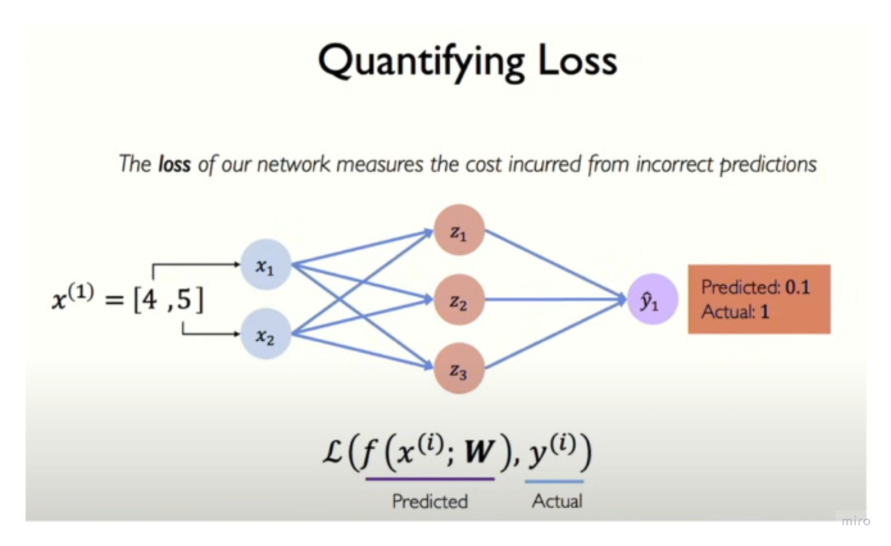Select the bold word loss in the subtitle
[174, 164]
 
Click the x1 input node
[265, 265]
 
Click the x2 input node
[265, 335]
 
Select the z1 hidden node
[459, 232]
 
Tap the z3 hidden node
[459, 369]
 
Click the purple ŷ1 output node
[652, 300]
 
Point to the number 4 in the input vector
[148, 301]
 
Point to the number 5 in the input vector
[185, 301]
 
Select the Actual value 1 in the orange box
[765, 311]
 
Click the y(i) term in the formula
[554, 456]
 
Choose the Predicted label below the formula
[430, 501]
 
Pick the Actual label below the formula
[557, 501]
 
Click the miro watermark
[855, 521]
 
